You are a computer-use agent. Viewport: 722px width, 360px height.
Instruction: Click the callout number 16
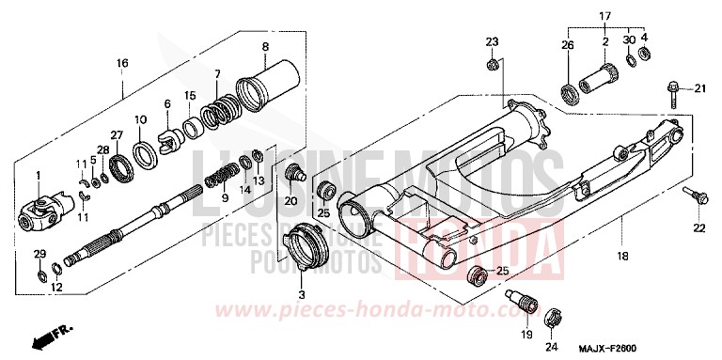point(122,63)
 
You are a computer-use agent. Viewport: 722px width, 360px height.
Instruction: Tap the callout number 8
point(265,47)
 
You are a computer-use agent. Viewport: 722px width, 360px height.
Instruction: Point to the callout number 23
point(492,41)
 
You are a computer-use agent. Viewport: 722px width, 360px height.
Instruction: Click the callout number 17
point(606,16)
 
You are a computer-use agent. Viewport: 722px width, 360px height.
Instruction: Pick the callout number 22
point(698,228)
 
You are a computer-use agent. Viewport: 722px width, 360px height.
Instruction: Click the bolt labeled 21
point(674,90)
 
